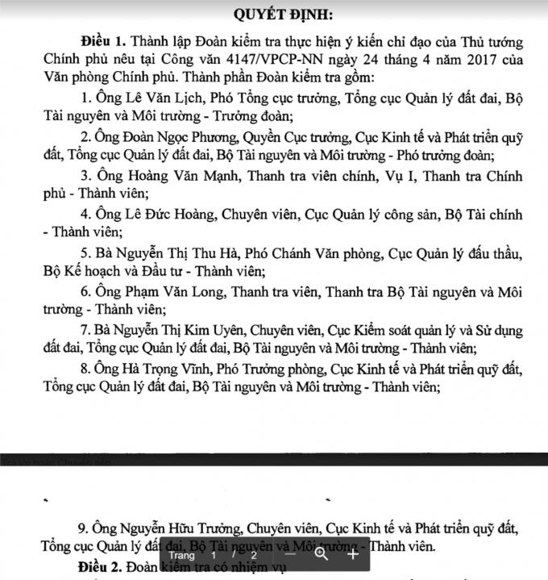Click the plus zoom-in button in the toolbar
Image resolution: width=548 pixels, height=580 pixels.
[352, 554]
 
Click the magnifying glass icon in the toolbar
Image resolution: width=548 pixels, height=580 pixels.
[322, 554]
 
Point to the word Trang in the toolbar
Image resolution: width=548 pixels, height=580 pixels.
[182, 555]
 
